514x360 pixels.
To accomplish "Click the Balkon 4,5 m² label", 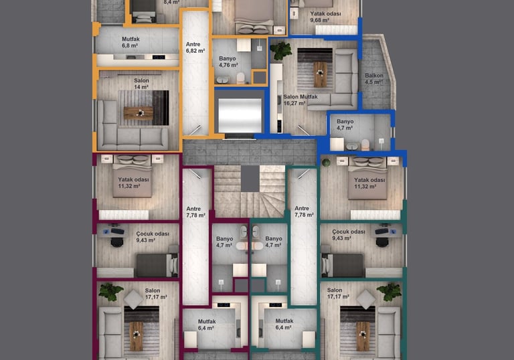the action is [x=374, y=79].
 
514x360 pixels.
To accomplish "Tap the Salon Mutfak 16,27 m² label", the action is [x=301, y=100].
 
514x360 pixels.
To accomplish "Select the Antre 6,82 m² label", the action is [x=195, y=48].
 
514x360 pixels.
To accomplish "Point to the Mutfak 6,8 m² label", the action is [x=131, y=42].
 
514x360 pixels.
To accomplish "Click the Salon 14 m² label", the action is [x=141, y=84].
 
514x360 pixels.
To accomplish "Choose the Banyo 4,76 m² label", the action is [x=228, y=62].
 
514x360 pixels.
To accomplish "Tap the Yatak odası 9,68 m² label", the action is [x=325, y=17].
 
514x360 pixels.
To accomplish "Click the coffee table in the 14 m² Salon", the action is [x=138, y=113].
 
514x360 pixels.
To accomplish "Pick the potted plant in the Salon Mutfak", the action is [x=280, y=50].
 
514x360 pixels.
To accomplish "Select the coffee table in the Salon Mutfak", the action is [x=321, y=74].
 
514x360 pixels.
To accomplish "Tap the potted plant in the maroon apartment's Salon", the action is [x=110, y=292].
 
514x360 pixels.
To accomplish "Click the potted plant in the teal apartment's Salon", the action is [x=390, y=292].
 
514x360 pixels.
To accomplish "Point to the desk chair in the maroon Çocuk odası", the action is [x=116, y=242].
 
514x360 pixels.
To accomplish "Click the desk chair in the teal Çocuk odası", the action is [x=382, y=242].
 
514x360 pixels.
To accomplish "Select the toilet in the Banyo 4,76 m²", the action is [x=241, y=78].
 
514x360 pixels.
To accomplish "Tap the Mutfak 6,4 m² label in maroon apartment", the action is [x=207, y=325].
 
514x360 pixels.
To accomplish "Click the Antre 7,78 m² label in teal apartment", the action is [x=304, y=211].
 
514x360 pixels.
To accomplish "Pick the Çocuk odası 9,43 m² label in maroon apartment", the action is [x=153, y=237].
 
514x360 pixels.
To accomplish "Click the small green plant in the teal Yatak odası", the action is [x=326, y=163].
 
